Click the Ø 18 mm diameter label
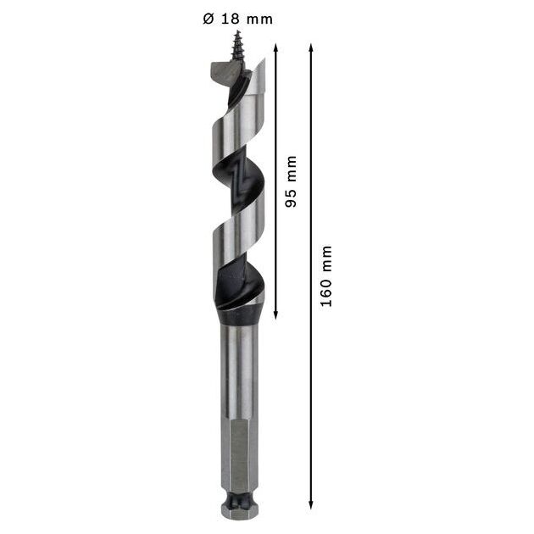tap(237, 19)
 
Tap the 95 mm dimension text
tap(291, 181)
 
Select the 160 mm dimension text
tap(326, 275)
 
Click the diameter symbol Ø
tap(208, 19)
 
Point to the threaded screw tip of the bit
tap(236, 46)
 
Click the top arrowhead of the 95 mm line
tap(275, 48)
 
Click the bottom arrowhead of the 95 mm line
tap(275, 314)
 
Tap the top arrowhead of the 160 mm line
tap(310, 48)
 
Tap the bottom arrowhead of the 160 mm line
tap(310, 504)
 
